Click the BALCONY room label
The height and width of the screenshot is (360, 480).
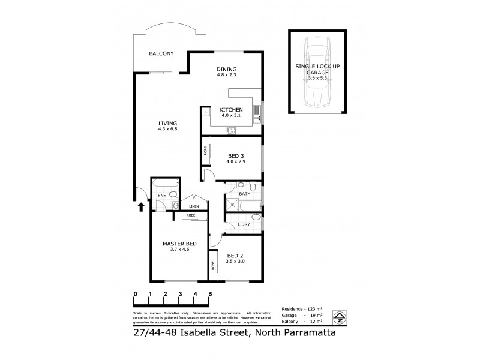tap(161, 54)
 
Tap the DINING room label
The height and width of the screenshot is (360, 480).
tap(227, 69)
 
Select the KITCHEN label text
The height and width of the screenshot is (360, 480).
tap(231, 109)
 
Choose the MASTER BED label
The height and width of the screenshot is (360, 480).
tap(176, 244)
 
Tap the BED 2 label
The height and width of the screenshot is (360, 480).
tap(234, 256)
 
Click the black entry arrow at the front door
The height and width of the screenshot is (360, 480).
tap(142, 208)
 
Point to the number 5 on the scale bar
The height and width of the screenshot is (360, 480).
tap(211, 294)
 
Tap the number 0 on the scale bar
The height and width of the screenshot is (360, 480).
tap(136, 294)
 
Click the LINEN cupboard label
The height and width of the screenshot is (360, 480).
tap(194, 207)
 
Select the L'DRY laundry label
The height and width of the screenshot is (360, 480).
tap(244, 224)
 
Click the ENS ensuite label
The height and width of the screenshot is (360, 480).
tap(161, 196)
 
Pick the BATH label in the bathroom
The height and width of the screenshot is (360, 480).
tap(245, 194)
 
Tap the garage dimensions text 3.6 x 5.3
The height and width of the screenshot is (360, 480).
tap(317, 77)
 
